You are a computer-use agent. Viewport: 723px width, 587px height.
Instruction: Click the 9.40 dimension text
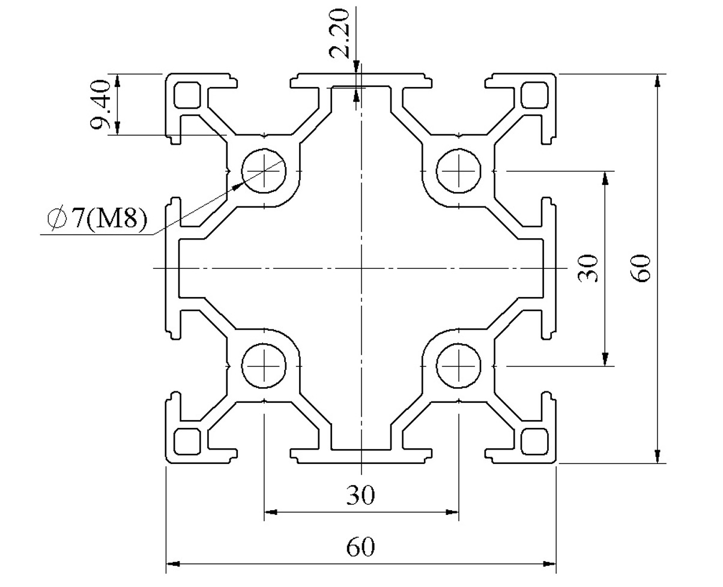pyautogui.click(x=100, y=104)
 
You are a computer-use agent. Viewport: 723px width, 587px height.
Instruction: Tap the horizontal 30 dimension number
pyautogui.click(x=360, y=495)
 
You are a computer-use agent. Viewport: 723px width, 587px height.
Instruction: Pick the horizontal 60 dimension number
pyautogui.click(x=360, y=547)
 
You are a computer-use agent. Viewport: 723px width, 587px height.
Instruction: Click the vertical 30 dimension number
pyautogui.click(x=587, y=268)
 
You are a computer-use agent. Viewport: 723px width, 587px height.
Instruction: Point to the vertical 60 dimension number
pyautogui.click(x=640, y=268)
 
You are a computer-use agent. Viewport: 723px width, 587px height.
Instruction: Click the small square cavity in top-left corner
pyautogui.click(x=187, y=95)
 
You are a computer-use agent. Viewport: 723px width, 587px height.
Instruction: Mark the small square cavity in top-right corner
pyautogui.click(x=534, y=95)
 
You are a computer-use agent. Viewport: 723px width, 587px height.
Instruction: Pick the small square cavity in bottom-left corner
pyautogui.click(x=187, y=441)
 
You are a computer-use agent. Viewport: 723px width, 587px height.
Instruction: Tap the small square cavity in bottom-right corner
pyautogui.click(x=534, y=441)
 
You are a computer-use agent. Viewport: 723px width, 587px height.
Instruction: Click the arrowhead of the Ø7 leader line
pyautogui.click(x=238, y=185)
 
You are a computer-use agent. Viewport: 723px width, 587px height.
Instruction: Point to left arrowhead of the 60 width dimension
pyautogui.click(x=172, y=564)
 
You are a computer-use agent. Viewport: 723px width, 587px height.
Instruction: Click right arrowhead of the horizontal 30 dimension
pyautogui.click(x=452, y=511)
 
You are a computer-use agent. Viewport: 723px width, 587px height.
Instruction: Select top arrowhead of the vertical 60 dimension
pyautogui.click(x=658, y=80)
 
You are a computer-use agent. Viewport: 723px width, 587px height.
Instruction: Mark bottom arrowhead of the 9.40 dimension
pyautogui.click(x=118, y=128)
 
